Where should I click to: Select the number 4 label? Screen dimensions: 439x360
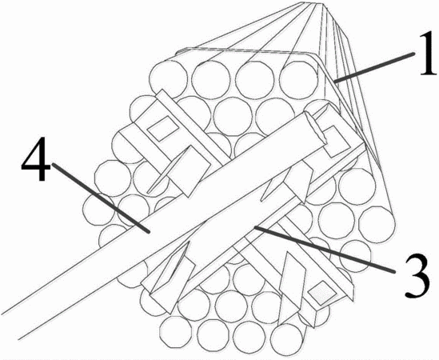[35, 159]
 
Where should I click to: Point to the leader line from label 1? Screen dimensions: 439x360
[374, 68]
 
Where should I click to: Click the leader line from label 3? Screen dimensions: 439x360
[324, 249]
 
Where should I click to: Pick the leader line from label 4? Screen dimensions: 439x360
[100, 198]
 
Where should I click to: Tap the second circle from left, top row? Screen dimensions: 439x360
[211, 79]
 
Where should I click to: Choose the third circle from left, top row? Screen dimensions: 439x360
[254, 79]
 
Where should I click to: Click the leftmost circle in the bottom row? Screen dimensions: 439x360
[178, 333]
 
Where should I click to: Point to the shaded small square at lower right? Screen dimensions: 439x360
[322, 294]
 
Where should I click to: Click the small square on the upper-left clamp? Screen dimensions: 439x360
[163, 128]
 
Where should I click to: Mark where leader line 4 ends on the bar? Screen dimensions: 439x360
[149, 232]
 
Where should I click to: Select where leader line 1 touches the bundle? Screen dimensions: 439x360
[334, 82]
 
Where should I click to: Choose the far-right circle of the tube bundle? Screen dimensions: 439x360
[377, 225]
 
